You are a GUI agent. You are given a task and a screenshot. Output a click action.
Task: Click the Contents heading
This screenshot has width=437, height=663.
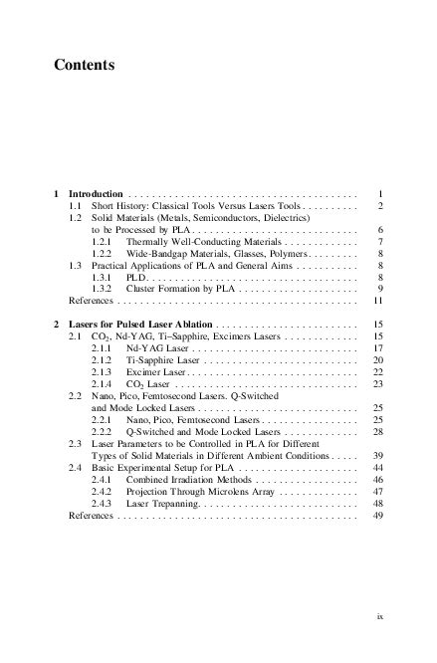tap(85, 66)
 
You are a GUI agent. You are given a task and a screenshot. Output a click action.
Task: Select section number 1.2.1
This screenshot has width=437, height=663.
tap(103, 241)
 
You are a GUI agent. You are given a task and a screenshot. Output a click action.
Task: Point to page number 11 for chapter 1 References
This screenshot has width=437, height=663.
tap(377, 300)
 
